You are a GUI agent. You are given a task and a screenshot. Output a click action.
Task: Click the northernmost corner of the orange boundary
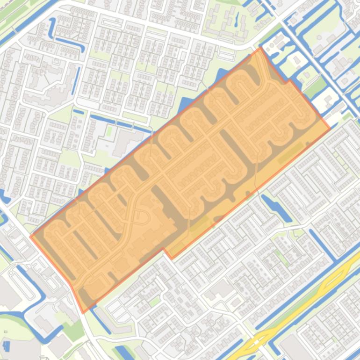coord(260,48)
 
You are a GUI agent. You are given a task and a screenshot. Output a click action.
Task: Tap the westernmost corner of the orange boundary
coord(31,236)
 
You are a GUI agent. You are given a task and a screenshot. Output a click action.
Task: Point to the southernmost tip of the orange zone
coord(83,312)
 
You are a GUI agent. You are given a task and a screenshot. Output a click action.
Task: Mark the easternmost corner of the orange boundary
coord(330,128)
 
